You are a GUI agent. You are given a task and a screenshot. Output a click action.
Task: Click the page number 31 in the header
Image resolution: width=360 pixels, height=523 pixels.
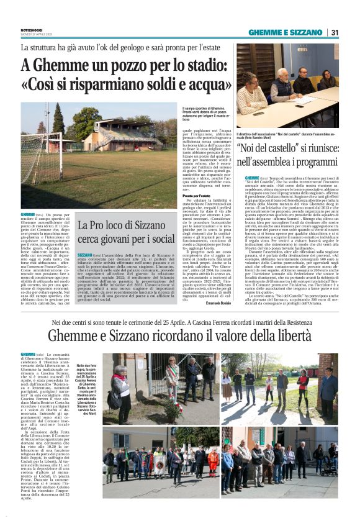[334, 32]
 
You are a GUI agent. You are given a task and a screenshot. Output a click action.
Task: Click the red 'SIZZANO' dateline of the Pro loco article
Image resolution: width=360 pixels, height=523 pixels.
[85, 255]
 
